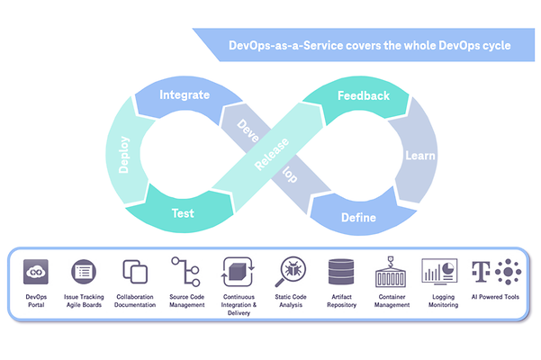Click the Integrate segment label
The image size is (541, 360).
pyautogui.click(x=185, y=94)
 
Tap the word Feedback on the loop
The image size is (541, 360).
pyautogui.click(x=363, y=95)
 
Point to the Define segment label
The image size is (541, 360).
pyautogui.click(x=357, y=218)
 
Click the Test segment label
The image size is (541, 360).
pyautogui.click(x=183, y=214)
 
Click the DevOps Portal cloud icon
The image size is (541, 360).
pyautogui.click(x=36, y=270)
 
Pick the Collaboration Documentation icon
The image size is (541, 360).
pyautogui.click(x=135, y=271)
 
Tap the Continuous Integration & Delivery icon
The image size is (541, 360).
pyautogui.click(x=236, y=270)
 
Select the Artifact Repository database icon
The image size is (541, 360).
pyautogui.click(x=341, y=270)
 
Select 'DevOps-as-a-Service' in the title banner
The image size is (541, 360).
pyautogui.click(x=273, y=43)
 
